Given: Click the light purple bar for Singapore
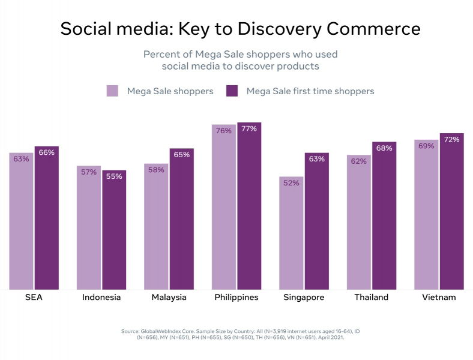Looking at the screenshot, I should click(291, 233).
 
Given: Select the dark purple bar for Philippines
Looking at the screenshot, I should click(249, 206).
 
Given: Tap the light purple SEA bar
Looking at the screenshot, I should click(21, 221).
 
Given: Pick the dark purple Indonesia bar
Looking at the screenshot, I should click(113, 230).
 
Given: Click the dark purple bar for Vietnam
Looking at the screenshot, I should click(451, 211).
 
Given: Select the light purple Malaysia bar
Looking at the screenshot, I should click(156, 226).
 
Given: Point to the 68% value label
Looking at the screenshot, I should click(384, 148).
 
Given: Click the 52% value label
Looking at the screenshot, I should click(291, 183).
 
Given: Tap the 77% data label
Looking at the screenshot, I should click(249, 128).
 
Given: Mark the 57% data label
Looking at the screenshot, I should click(89, 172).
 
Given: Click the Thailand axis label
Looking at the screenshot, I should click(371, 298).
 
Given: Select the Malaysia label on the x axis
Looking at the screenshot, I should click(169, 298).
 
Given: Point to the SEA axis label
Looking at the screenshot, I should click(34, 298).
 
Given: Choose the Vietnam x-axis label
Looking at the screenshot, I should click(439, 298).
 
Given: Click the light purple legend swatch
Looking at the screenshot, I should click(112, 91).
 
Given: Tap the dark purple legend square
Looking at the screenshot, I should click(232, 91).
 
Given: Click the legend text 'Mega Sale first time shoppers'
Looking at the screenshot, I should click(310, 91).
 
